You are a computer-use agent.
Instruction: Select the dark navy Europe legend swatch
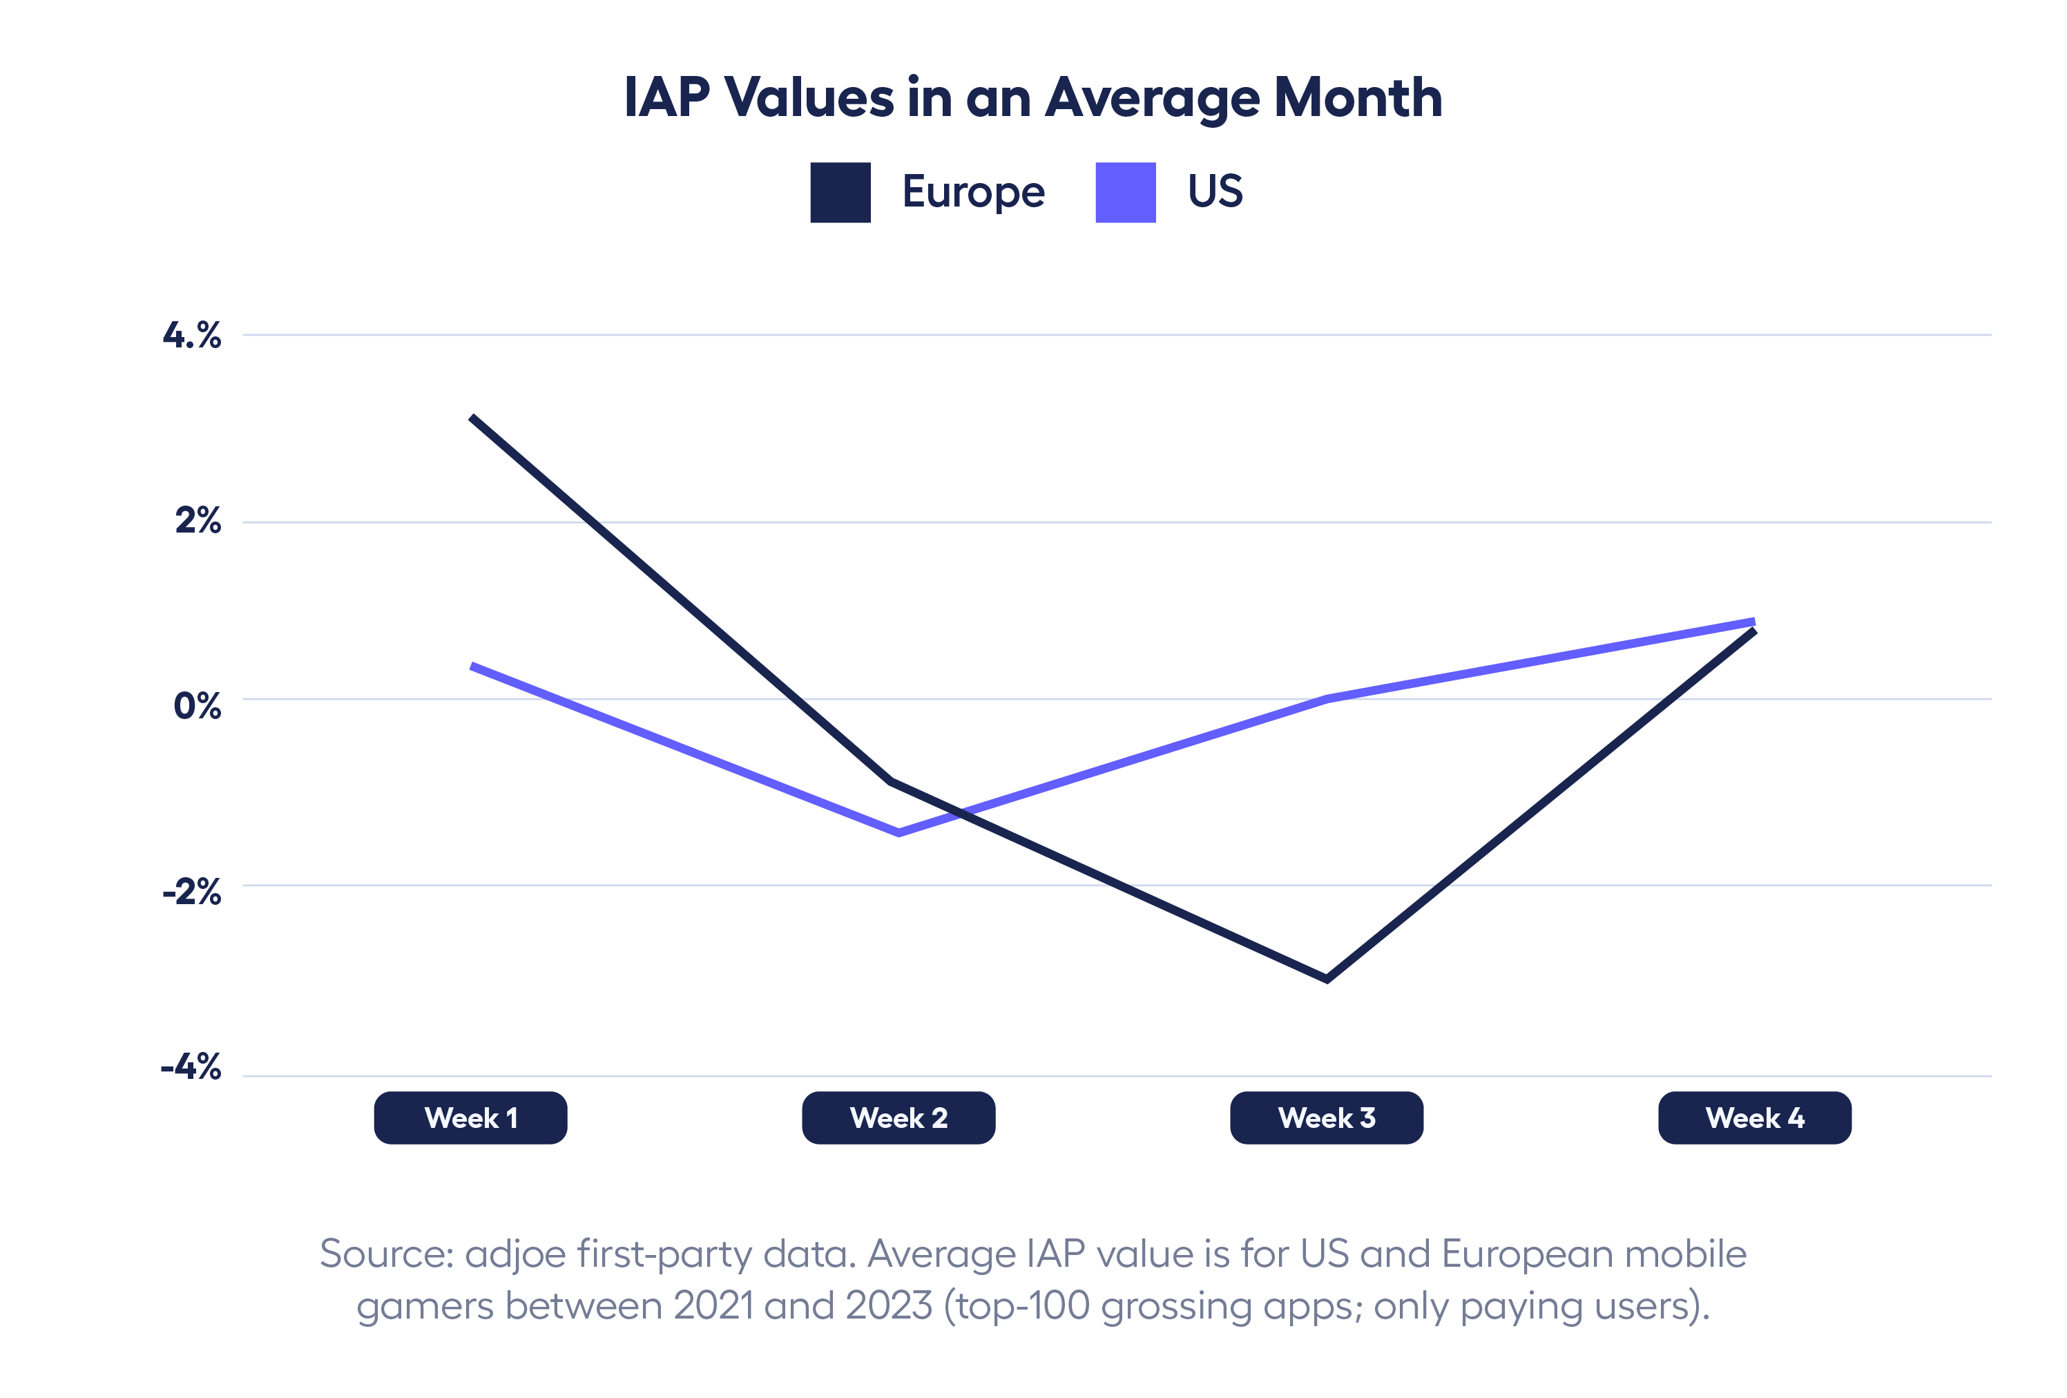coord(840,192)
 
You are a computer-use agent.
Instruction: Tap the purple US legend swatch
coord(1125,192)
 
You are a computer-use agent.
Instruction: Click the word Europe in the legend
coord(973,192)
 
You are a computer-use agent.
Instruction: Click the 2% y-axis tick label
coord(198,520)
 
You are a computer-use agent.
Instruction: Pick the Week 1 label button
coord(470,1118)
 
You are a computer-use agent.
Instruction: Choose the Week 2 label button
coord(898,1118)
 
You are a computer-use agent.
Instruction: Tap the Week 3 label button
coord(1326,1118)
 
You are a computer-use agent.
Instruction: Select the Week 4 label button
coord(1754,1118)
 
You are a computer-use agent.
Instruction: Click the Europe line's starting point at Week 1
coord(472,417)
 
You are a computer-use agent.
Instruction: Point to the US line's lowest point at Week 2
coord(898,833)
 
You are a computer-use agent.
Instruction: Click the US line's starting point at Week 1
coord(472,665)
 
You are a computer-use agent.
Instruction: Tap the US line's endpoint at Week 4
coord(1753,621)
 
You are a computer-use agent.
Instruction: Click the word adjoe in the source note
coord(515,1254)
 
